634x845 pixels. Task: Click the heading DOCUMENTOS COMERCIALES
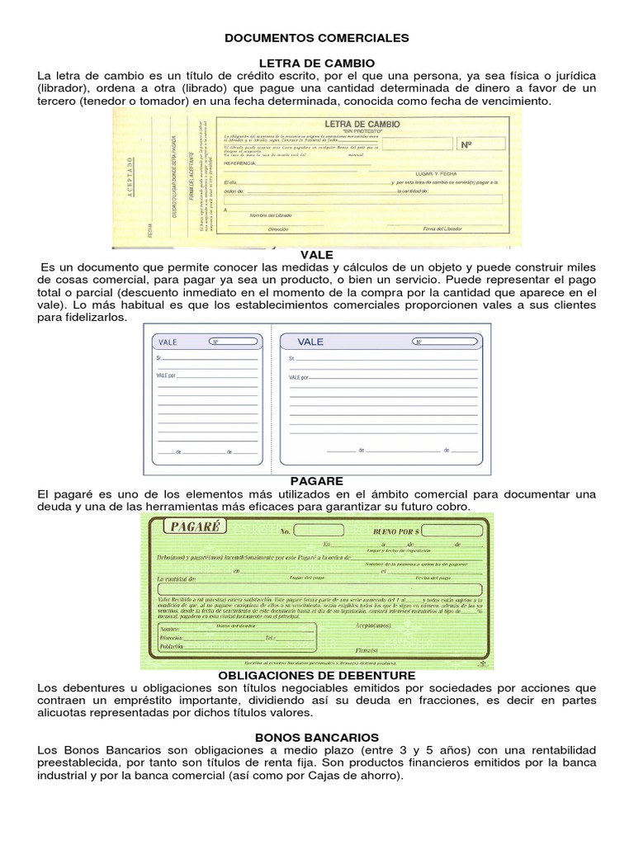[x=317, y=38]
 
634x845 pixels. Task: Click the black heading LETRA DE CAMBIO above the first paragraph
[x=317, y=63]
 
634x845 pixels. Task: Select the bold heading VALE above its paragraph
[x=316, y=257]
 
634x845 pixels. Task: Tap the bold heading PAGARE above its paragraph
[x=316, y=481]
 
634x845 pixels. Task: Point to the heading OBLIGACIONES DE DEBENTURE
[x=316, y=675]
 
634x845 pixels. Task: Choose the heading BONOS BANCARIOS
[x=317, y=737]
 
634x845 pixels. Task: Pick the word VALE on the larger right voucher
[x=311, y=341]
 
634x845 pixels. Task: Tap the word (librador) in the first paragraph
[x=65, y=88]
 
